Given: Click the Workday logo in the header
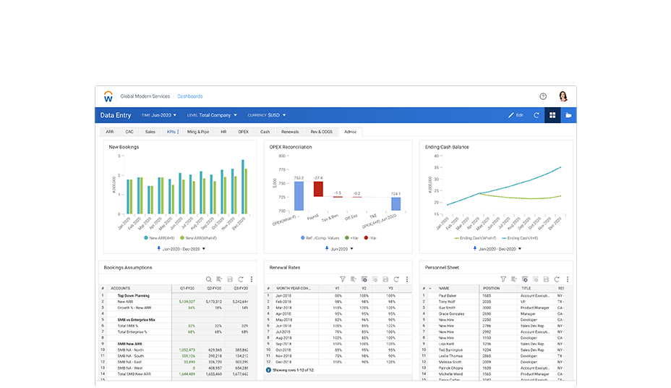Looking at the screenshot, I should [108, 96].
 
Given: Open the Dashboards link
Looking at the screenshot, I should [190, 96].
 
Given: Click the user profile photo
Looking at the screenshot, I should [562, 96].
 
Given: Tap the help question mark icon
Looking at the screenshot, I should [543, 96].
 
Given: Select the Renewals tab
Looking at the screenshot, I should [290, 132].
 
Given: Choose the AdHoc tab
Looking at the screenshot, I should [350, 132].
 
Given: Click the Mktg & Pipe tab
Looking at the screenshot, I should [198, 132].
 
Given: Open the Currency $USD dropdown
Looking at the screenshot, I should [267, 115].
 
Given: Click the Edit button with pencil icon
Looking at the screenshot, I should [516, 115].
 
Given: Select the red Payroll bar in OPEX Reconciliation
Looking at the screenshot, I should [318, 188].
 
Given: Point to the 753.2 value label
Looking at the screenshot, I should [299, 177].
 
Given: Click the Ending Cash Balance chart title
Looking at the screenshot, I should [447, 147].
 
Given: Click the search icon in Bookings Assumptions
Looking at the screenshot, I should [208, 279].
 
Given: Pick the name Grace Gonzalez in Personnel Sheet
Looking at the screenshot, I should [453, 313].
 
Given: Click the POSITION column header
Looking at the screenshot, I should [492, 288].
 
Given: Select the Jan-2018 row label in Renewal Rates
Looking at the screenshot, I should [283, 295].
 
